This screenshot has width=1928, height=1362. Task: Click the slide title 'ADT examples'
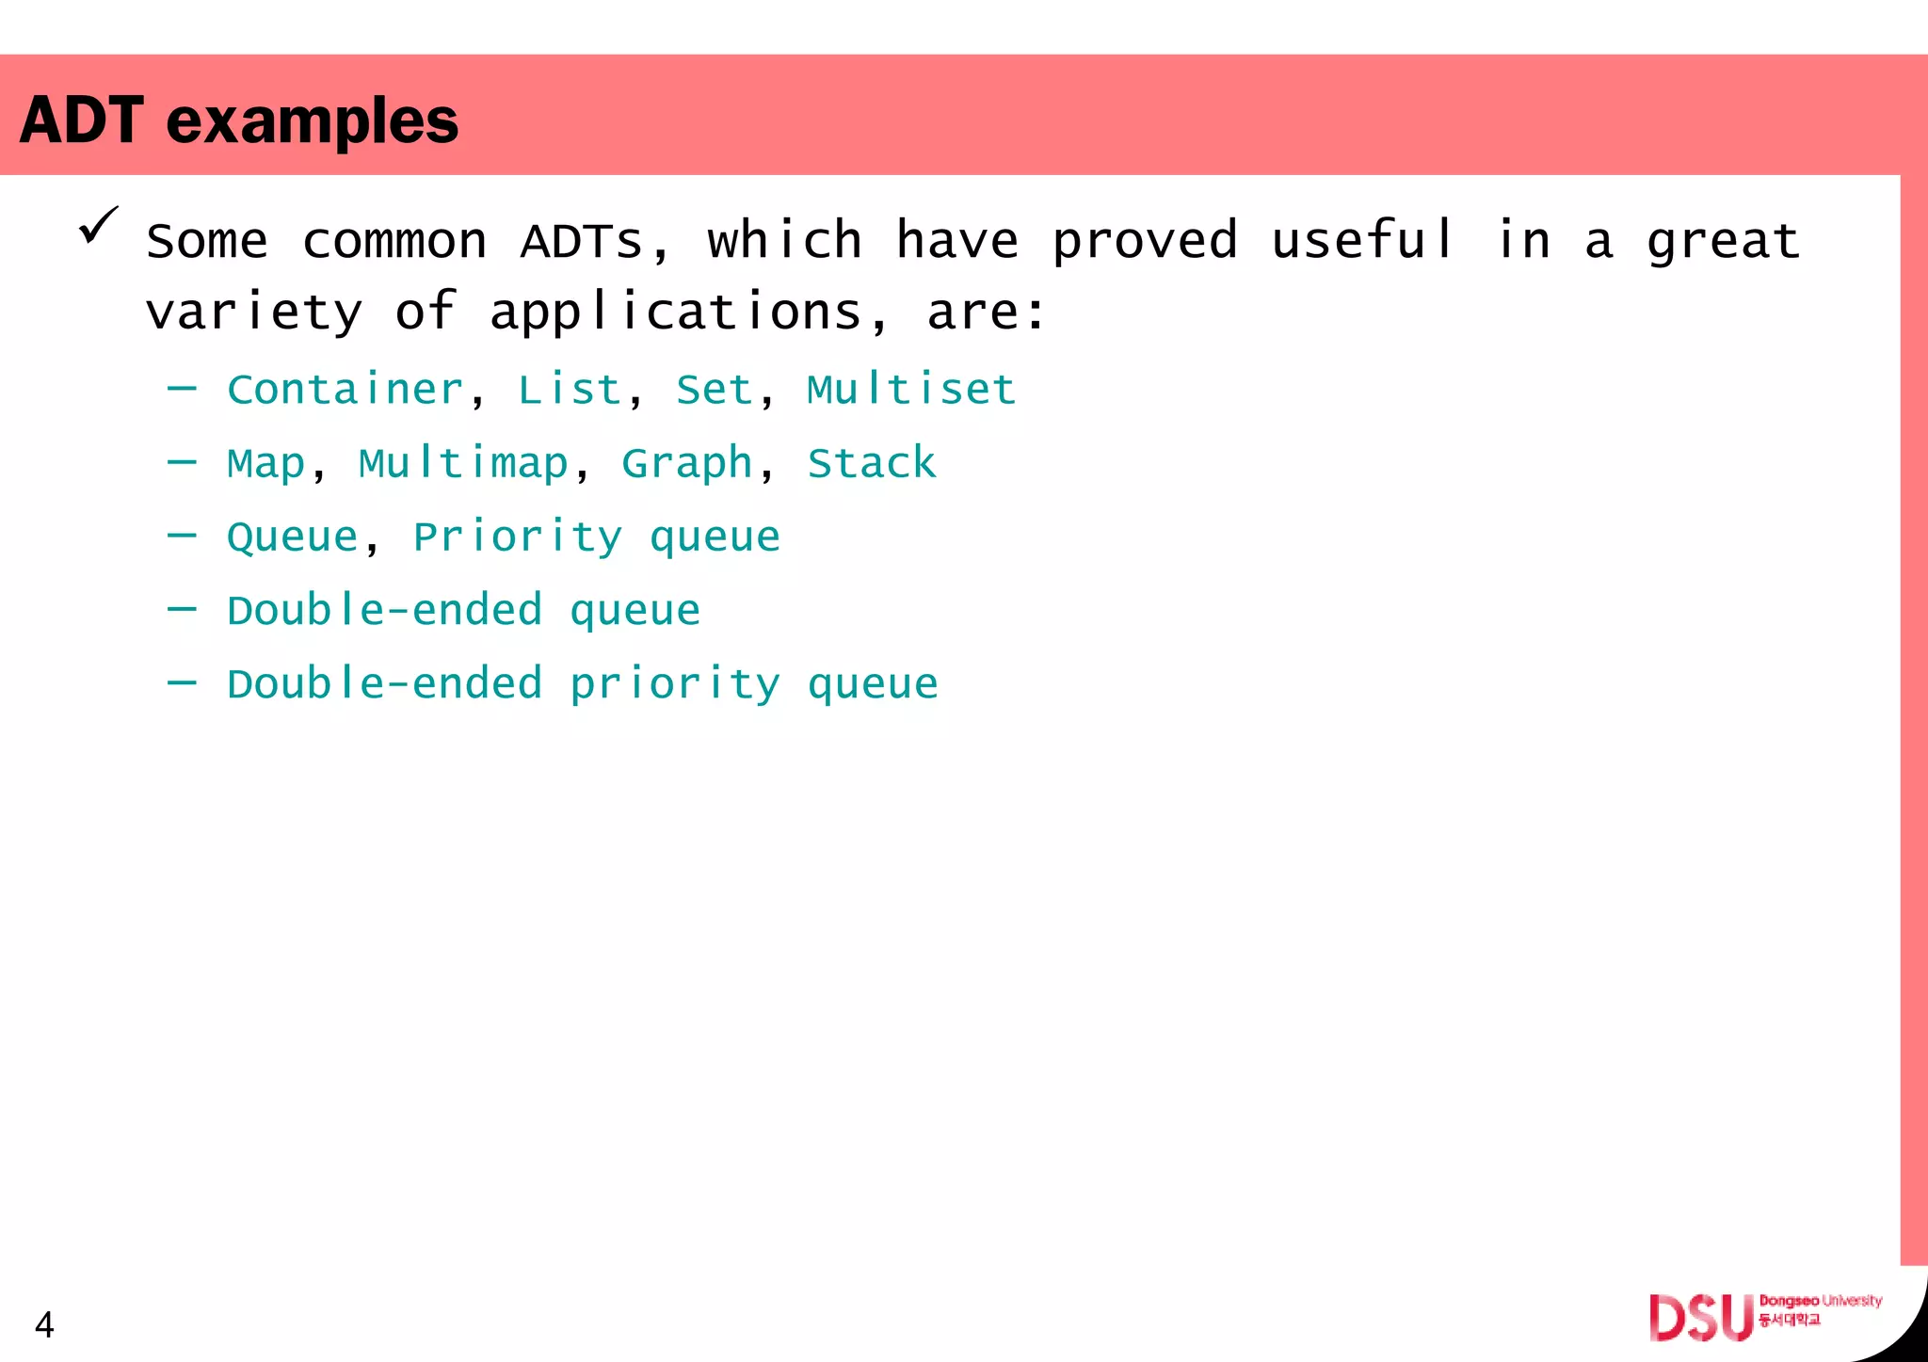(x=239, y=120)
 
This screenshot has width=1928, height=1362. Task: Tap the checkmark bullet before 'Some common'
(x=99, y=226)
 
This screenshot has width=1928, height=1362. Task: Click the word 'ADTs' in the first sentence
(x=582, y=241)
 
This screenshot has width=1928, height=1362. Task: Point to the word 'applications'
(x=675, y=312)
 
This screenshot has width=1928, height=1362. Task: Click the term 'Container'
(x=345, y=390)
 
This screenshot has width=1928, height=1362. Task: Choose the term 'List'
(x=570, y=390)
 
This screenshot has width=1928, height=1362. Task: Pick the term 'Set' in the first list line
(x=714, y=390)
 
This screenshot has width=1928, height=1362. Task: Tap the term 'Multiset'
(x=911, y=390)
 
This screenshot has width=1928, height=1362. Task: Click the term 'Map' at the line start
(x=266, y=464)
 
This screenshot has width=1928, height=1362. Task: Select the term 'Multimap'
(x=463, y=464)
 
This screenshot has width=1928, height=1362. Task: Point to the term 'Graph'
(x=687, y=464)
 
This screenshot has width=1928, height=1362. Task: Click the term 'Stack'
(x=872, y=464)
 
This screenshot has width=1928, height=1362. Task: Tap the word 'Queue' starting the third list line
(x=293, y=537)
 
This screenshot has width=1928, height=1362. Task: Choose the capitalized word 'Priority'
(x=518, y=537)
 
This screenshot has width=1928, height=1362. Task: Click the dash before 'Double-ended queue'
(x=182, y=610)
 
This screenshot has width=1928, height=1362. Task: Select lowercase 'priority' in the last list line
(x=675, y=684)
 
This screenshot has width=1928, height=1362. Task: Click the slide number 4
(x=44, y=1325)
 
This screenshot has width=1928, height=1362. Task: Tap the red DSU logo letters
(x=1700, y=1318)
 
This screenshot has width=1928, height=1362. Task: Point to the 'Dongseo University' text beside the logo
(x=1820, y=1301)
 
